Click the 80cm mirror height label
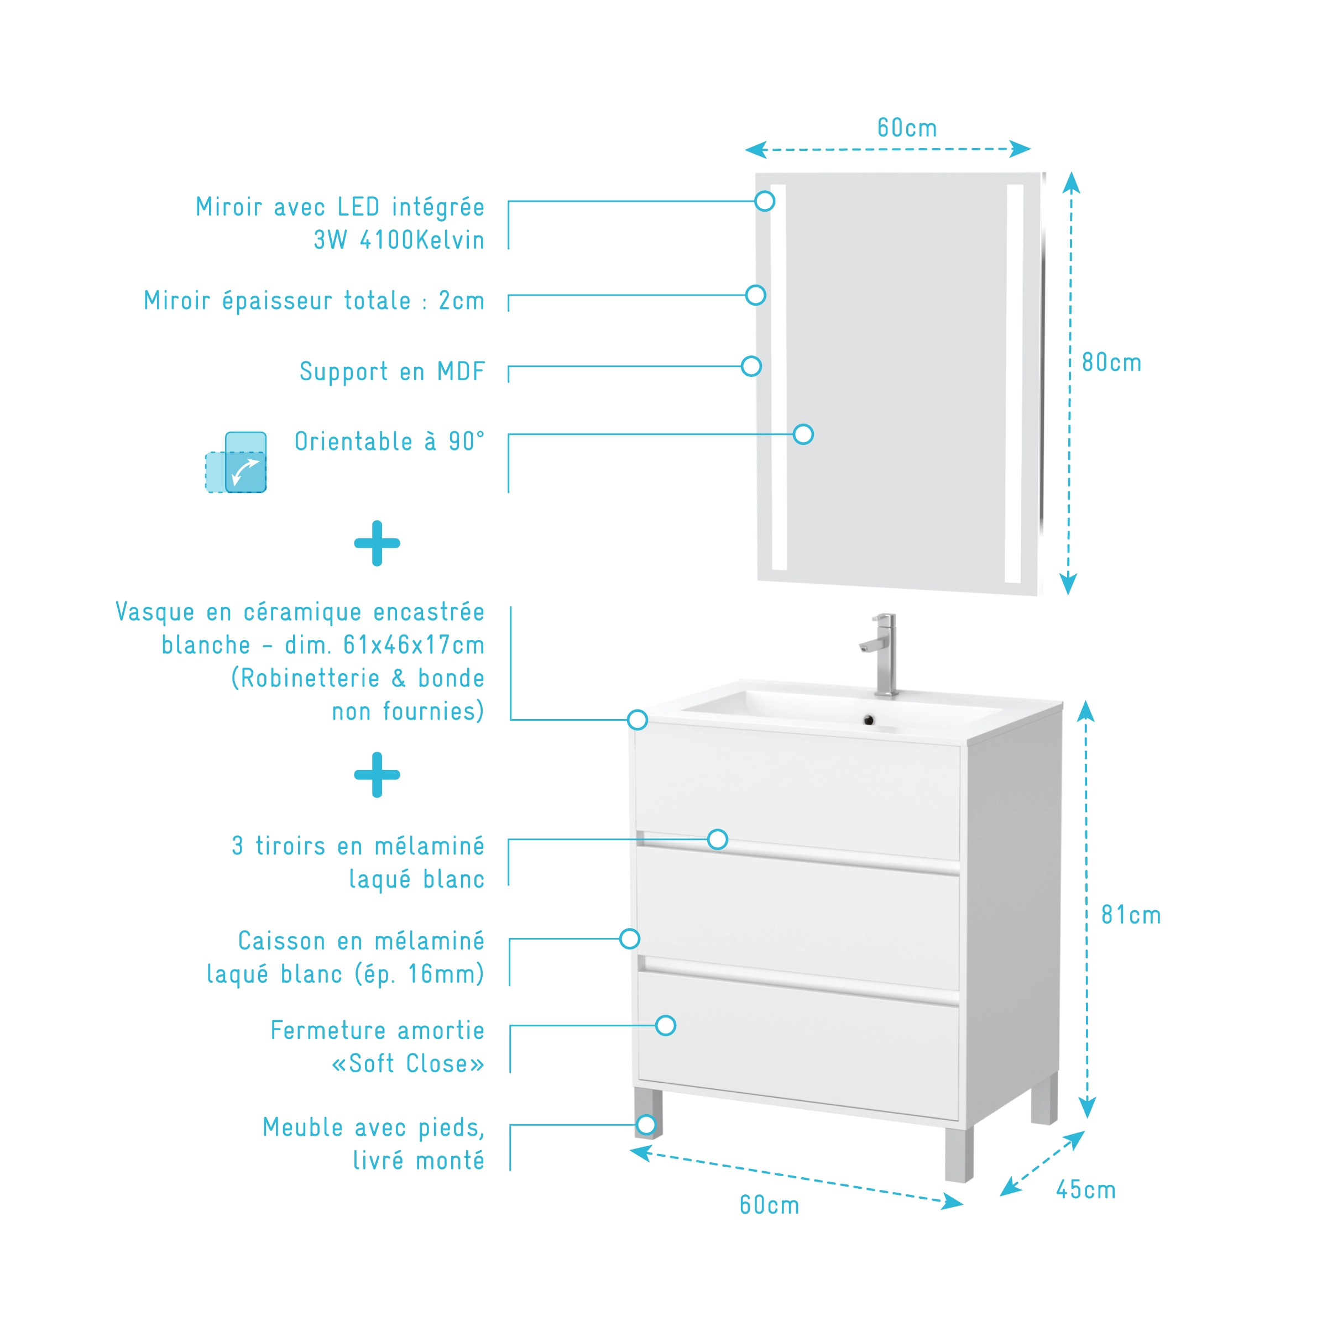tap(1111, 363)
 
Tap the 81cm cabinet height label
tap(1131, 915)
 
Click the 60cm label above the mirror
tap(906, 128)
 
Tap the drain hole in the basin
tap(869, 720)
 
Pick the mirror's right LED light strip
tap(1014, 383)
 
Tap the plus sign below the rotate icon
tap(377, 543)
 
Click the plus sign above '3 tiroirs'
tap(377, 775)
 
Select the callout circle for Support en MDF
tap(751, 366)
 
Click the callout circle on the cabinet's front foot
tap(646, 1124)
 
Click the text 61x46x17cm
tap(414, 645)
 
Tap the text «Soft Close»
tap(408, 1063)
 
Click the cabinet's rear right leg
tap(1044, 1099)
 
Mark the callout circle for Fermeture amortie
tap(665, 1025)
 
